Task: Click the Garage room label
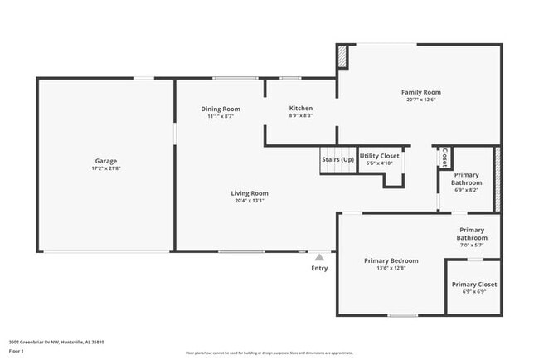pyautogui.click(x=105, y=160)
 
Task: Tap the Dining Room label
pyautogui.click(x=221, y=109)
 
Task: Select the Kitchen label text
pyautogui.click(x=300, y=109)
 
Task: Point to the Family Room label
pyautogui.click(x=420, y=92)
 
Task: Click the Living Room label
pyautogui.click(x=250, y=193)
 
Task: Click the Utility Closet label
pyautogui.click(x=380, y=156)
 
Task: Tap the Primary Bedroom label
pyautogui.click(x=391, y=260)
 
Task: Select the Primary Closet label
pyautogui.click(x=474, y=285)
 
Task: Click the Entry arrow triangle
pyautogui.click(x=319, y=257)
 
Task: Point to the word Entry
pyautogui.click(x=319, y=268)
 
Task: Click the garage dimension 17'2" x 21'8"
pyautogui.click(x=105, y=168)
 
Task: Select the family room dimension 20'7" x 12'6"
pyautogui.click(x=420, y=100)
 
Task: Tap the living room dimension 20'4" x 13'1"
pyautogui.click(x=250, y=201)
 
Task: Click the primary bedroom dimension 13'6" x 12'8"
pyautogui.click(x=391, y=268)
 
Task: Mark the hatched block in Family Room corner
pyautogui.click(x=341, y=57)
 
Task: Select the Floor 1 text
pyautogui.click(x=17, y=352)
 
